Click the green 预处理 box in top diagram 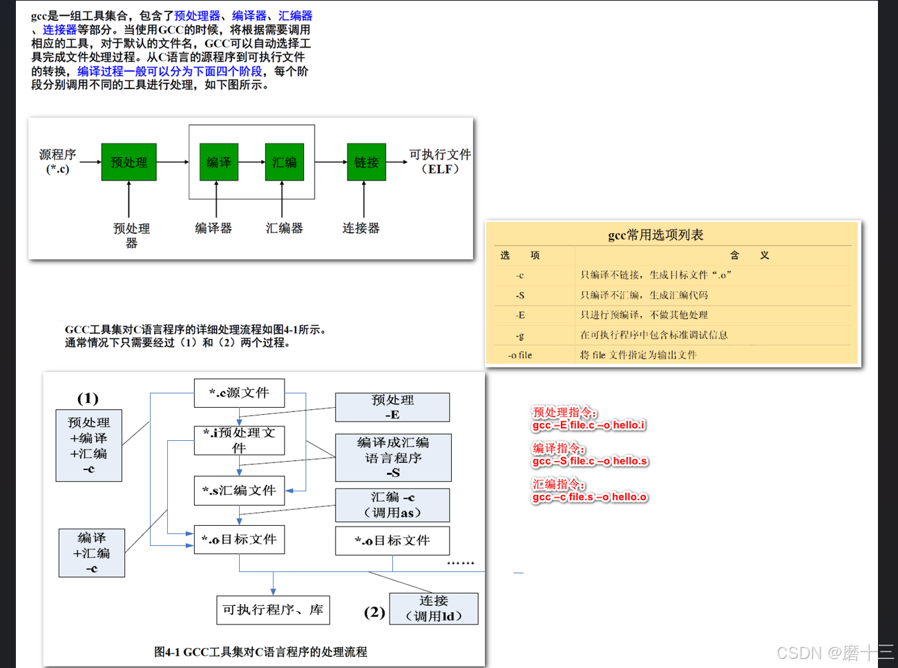click(128, 162)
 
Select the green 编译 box click(218, 162)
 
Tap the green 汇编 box click(284, 162)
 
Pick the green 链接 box click(366, 162)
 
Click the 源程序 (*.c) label click(57, 161)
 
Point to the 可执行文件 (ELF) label click(440, 161)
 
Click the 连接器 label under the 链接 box click(361, 228)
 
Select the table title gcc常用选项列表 click(656, 235)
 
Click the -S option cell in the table click(520, 295)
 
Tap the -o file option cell click(520, 355)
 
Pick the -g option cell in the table click(520, 335)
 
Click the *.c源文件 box click(239, 393)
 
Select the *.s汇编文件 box click(239, 491)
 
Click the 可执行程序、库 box click(273, 610)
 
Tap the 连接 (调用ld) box click(434, 609)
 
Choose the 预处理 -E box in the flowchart click(392, 407)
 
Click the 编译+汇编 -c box click(92, 553)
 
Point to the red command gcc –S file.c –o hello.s click(590, 461)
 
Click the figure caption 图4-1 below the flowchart click(260, 651)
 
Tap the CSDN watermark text click(834, 653)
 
